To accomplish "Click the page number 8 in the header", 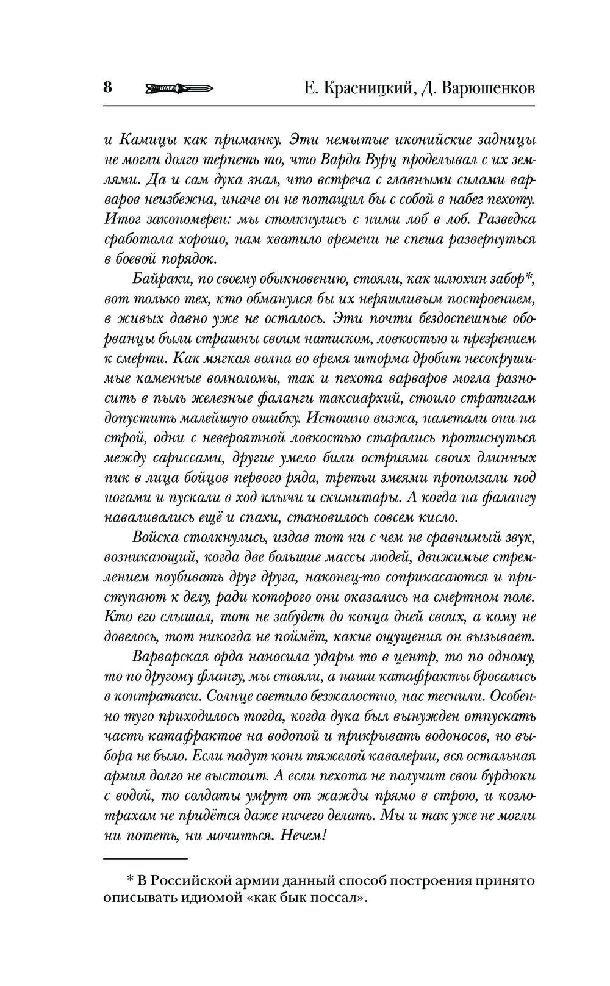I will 107,87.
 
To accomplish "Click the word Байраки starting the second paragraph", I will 159,278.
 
